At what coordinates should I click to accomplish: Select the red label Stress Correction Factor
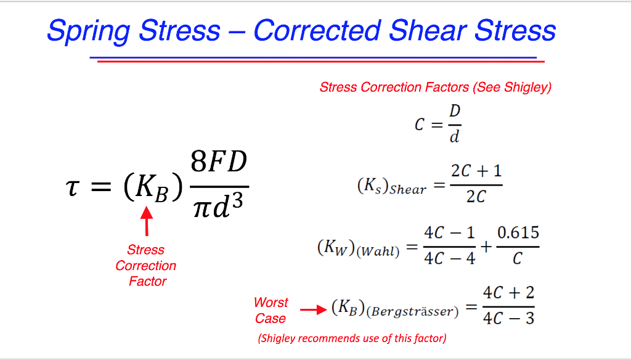(146, 266)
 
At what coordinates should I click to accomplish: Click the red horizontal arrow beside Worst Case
(313, 309)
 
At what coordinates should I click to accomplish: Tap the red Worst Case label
(271, 310)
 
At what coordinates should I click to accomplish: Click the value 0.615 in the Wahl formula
(518, 233)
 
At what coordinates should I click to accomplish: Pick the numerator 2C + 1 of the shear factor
(476, 171)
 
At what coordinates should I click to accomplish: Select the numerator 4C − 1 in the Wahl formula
(449, 233)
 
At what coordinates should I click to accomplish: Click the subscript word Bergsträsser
(412, 312)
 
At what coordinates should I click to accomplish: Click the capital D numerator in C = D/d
(455, 112)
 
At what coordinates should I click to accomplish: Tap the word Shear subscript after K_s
(408, 190)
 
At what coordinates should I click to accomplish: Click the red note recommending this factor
(352, 338)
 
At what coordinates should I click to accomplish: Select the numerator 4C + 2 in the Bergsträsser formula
(508, 292)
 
